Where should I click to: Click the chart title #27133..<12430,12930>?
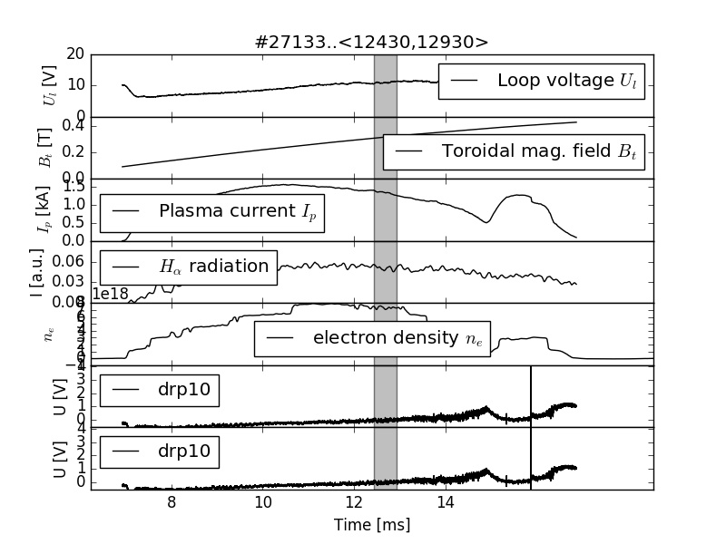pos(372,42)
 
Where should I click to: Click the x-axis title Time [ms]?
pos(372,525)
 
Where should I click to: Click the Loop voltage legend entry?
pos(542,81)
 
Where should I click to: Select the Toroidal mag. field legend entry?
pos(514,151)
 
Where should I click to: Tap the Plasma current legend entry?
pos(212,212)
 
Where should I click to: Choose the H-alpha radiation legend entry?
pos(188,267)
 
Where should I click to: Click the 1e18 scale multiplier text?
pos(111,294)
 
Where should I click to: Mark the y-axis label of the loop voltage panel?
pos(50,85)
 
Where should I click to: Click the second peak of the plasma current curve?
pos(519,195)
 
